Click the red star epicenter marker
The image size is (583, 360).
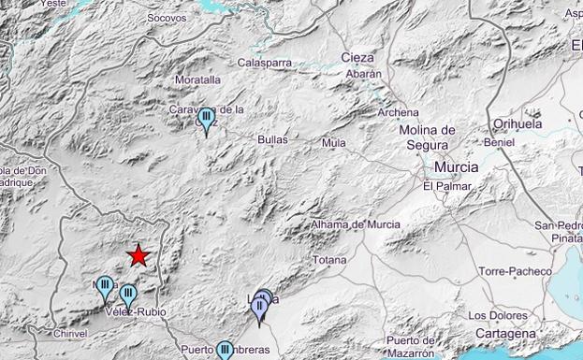click(139, 254)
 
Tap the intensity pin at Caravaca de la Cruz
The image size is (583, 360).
click(206, 119)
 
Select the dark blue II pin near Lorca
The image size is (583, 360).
click(260, 306)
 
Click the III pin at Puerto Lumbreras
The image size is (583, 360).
click(225, 351)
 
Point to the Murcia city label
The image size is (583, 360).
click(457, 166)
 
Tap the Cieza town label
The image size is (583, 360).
click(357, 57)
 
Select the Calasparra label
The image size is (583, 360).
click(265, 63)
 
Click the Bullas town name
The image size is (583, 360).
click(272, 139)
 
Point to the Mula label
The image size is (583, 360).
click(333, 142)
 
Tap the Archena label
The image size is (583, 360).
click(398, 112)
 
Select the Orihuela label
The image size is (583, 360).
click(517, 123)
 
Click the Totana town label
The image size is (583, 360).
click(328, 260)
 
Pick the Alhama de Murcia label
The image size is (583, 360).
click(356, 224)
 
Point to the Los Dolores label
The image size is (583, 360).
click(495, 314)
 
